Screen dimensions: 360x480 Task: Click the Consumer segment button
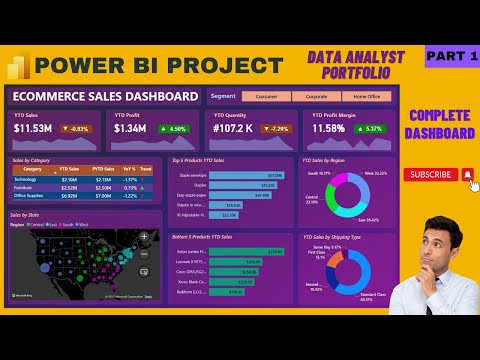point(266,96)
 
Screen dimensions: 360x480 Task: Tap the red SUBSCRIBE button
point(432,174)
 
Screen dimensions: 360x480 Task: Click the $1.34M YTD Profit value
point(130,128)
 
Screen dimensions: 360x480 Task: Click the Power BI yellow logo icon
point(18,65)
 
